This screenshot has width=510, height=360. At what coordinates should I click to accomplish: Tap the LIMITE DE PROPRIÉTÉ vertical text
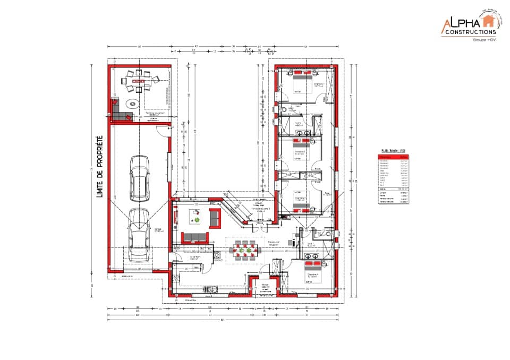pos(99,167)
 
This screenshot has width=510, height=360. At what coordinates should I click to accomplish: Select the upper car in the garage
pos(139,178)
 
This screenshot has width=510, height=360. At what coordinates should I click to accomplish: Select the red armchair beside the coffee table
pos(216,217)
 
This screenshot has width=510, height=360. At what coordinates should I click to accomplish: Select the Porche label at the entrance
pos(265,285)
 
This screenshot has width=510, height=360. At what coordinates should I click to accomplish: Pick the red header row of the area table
pos(394,157)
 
